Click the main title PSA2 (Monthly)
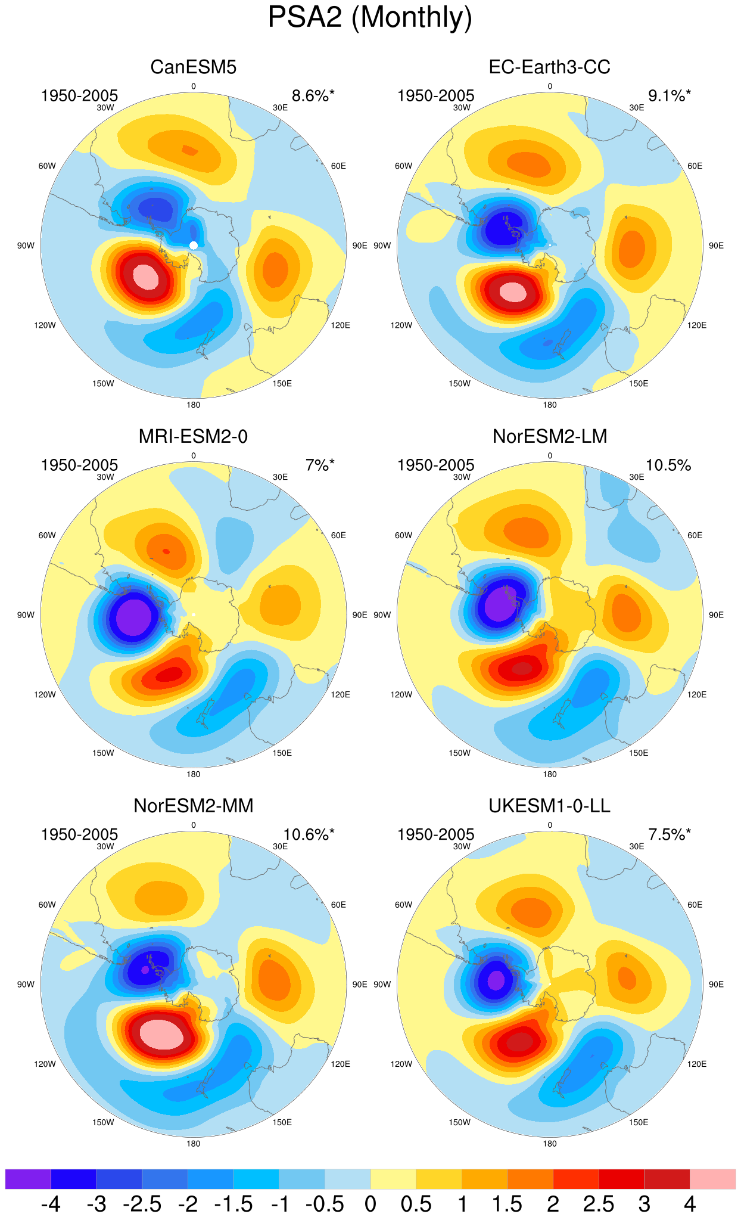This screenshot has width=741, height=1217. (x=370, y=17)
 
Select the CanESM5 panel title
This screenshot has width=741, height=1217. (x=194, y=67)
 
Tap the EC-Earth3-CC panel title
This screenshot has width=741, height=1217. (x=550, y=67)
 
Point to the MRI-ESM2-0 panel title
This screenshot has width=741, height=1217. (x=194, y=436)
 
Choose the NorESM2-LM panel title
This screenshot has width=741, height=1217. (x=550, y=436)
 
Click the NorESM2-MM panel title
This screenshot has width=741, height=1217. (x=194, y=806)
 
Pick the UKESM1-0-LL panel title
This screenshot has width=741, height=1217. (x=550, y=806)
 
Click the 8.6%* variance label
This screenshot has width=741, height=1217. (x=313, y=96)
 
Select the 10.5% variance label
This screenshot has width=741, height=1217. (x=668, y=465)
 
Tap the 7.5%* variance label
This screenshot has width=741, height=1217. (x=670, y=835)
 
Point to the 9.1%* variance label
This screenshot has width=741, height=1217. (x=670, y=96)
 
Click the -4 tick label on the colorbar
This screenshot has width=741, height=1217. (x=51, y=1204)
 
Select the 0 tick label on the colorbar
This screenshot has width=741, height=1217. (x=370, y=1204)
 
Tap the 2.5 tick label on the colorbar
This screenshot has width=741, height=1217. (x=599, y=1204)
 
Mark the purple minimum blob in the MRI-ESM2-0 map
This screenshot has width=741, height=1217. (x=134, y=617)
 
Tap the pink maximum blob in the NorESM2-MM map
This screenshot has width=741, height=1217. (x=161, y=1035)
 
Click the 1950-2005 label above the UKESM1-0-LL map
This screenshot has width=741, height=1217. (x=436, y=835)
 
